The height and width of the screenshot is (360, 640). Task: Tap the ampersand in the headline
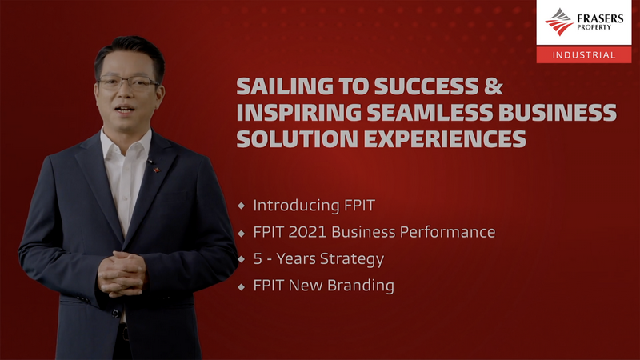494,86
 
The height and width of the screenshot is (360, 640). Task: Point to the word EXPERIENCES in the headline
445,138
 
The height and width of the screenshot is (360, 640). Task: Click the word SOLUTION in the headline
297,138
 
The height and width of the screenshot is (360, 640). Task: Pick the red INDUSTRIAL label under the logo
584,54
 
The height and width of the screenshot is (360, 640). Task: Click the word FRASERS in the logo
600,18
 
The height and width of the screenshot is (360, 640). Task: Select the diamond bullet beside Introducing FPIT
242,206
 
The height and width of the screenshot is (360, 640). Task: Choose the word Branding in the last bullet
361,286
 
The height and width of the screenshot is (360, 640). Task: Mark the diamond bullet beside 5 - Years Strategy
242,258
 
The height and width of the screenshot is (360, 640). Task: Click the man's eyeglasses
127,83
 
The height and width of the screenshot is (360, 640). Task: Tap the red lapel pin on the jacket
156,169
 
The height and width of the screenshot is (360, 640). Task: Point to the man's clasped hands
122,274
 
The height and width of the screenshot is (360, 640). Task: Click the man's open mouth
125,110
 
